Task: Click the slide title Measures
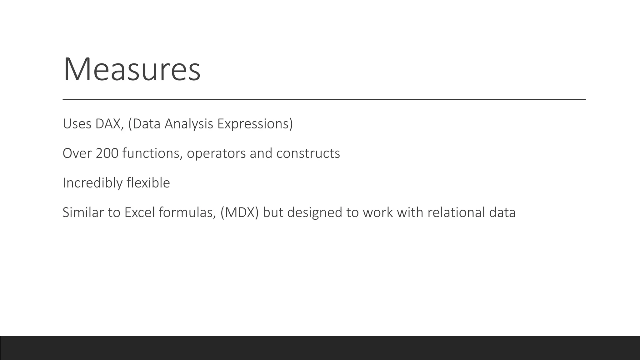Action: coord(132,69)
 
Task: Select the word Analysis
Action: coord(189,124)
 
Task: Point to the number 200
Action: coord(107,153)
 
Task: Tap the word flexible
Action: coord(148,183)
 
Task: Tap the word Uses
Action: coord(77,124)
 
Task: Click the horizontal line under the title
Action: coord(324,99)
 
